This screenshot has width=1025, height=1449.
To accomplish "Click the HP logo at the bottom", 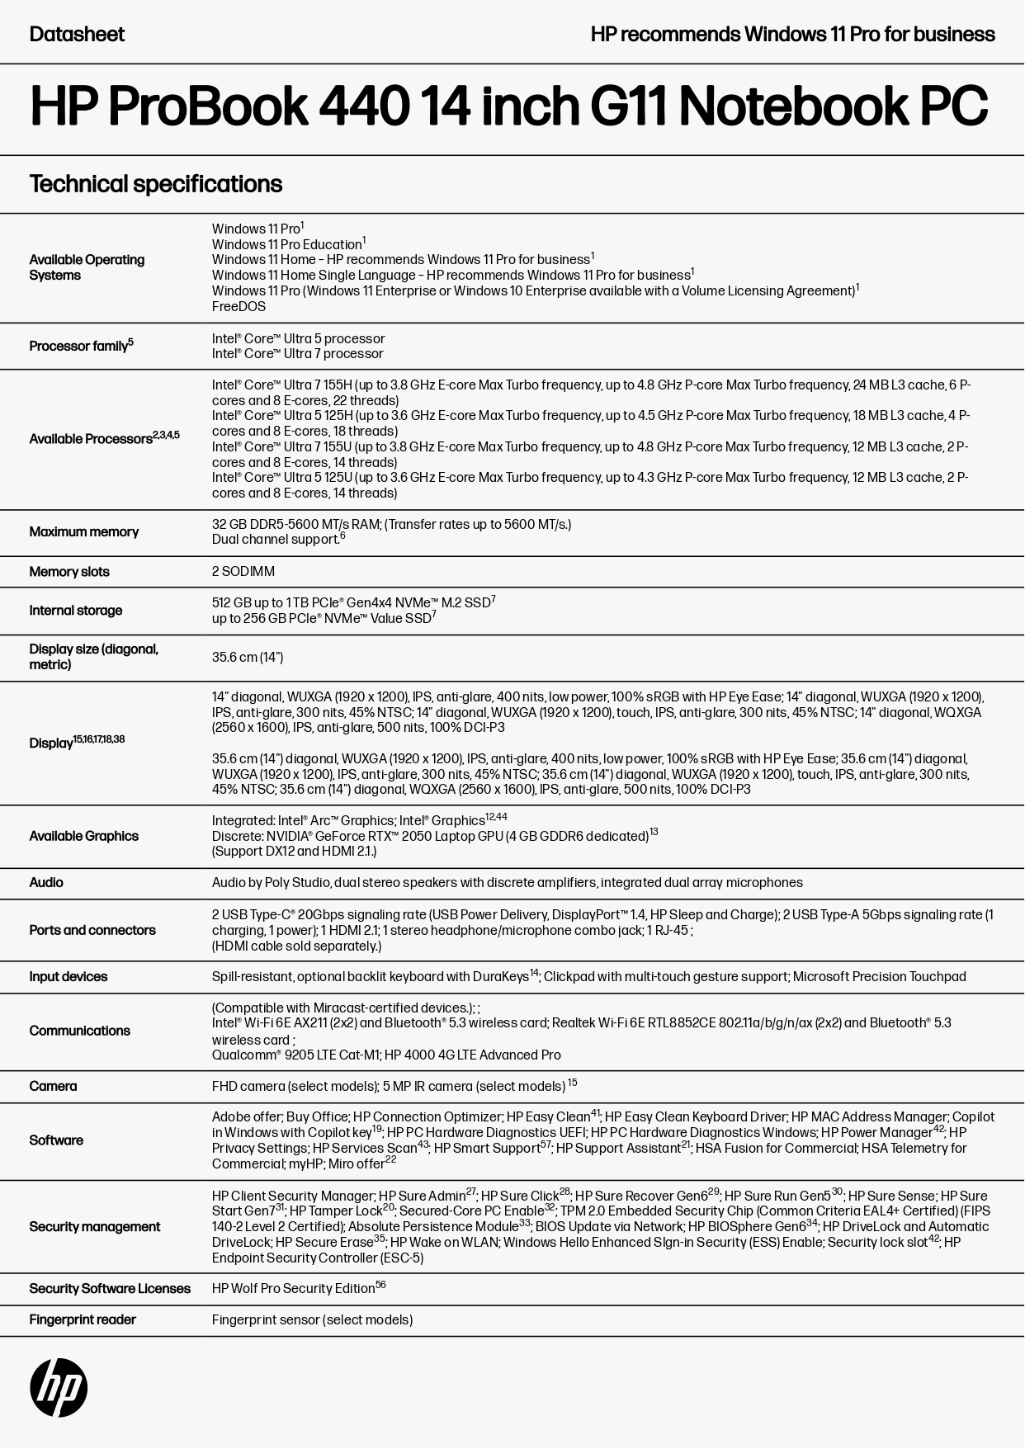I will pos(59,1387).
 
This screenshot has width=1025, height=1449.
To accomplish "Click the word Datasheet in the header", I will pos(77,35).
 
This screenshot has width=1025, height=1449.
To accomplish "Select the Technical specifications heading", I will pos(156,184).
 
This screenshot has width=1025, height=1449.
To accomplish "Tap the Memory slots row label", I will pos(69,572).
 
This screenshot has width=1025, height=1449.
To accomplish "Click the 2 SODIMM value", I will pos(243,572).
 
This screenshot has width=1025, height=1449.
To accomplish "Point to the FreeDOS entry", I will pos(239,307).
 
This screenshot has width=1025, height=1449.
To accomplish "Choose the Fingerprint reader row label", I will pos(83,1320).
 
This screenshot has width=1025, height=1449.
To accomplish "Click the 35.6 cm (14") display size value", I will pos(248,658).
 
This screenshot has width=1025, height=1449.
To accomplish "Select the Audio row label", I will pos(46,883).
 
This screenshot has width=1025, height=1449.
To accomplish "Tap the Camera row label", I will pos(53,1087).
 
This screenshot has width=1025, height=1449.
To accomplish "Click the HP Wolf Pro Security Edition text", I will pos(294,1289).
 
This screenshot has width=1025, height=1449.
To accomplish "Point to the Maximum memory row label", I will pos(84,532).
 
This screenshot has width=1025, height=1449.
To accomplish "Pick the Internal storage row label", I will pos(76,611).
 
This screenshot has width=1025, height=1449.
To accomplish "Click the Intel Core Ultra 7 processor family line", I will pos(298,354).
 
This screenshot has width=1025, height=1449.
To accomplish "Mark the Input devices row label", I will pos(68,977).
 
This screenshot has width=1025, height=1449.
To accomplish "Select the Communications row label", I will pos(80,1031).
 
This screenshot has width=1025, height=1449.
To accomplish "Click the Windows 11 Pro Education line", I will pos(287,245).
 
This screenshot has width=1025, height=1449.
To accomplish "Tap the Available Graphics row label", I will pos(84,837).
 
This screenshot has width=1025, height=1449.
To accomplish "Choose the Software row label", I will pos(56,1140).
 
